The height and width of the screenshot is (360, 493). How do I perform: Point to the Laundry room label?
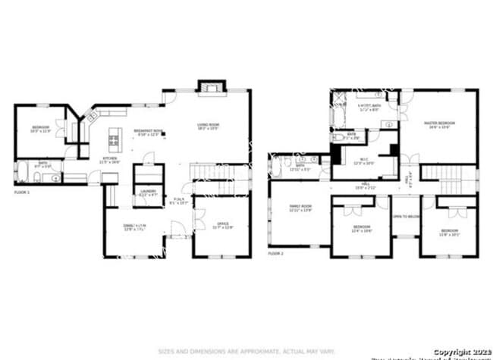tap(148, 193)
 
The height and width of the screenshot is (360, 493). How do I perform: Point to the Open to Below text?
tap(406, 217)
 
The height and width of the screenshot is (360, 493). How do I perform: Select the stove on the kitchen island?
tap(115, 139)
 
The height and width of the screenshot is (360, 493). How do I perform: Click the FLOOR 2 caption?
tap(275, 252)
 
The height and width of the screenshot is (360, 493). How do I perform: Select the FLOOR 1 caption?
tap(23, 193)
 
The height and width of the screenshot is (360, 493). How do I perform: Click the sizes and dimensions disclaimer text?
tap(246, 351)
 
